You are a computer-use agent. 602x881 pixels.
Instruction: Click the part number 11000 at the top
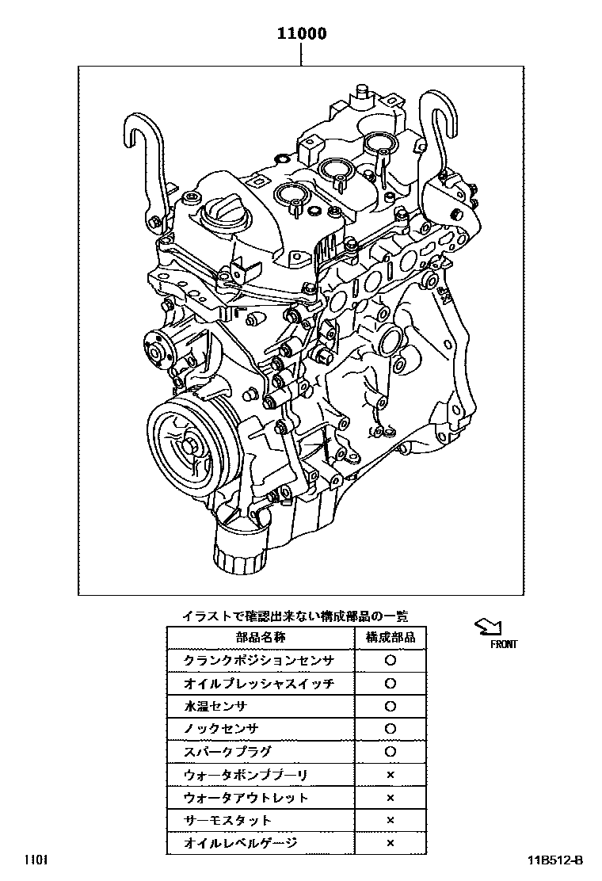pyautogui.click(x=301, y=34)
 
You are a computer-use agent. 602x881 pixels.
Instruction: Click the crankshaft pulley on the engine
pyautogui.click(x=183, y=444)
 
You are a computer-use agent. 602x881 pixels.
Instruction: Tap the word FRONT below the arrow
pyautogui.click(x=503, y=645)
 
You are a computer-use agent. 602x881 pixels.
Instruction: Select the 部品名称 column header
pyautogui.click(x=261, y=637)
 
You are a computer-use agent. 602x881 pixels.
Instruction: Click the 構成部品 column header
pyautogui.click(x=390, y=637)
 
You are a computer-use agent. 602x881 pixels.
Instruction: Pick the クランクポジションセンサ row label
pyautogui.click(x=259, y=660)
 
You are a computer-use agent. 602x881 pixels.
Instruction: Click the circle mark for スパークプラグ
pyautogui.click(x=390, y=751)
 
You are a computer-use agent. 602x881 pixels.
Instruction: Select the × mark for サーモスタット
pyautogui.click(x=390, y=820)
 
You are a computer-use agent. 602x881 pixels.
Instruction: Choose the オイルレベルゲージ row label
pyautogui.click(x=241, y=843)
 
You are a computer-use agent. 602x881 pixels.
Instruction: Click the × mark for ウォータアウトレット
pyautogui.click(x=390, y=797)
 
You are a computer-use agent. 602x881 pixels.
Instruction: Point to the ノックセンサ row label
pyautogui.click(x=222, y=728)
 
